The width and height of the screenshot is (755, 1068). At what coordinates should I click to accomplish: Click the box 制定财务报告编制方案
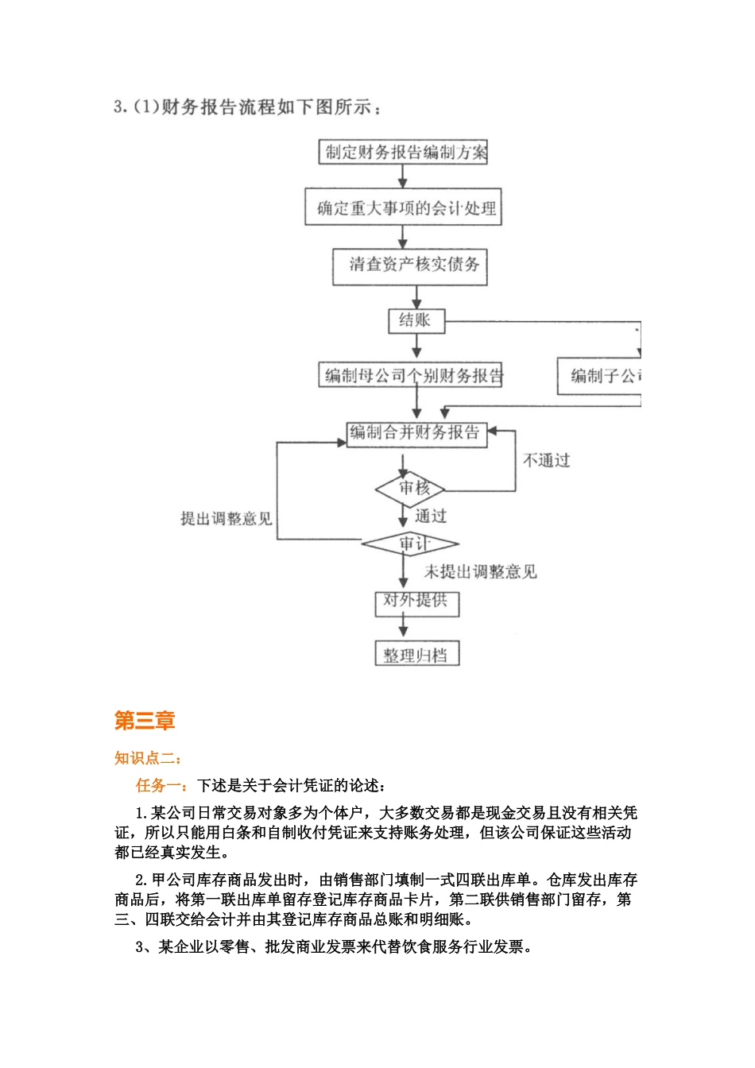[403, 152]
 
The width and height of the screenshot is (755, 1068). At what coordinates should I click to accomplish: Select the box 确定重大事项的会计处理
[403, 207]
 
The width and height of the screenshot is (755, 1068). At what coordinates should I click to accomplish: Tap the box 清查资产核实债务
[410, 265]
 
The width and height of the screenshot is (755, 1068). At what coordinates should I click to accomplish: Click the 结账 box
[416, 320]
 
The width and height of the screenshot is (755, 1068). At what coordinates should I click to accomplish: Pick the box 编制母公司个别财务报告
[412, 376]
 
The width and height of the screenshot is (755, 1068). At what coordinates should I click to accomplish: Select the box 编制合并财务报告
[416, 433]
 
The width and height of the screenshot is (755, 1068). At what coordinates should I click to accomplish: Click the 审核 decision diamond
[411, 489]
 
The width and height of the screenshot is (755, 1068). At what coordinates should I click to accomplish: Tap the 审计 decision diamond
[411, 544]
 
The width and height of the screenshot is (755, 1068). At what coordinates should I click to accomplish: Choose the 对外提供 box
[416, 602]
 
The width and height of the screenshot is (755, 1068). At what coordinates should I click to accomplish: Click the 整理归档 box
[416, 655]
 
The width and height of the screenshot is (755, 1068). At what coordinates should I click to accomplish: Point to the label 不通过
[546, 461]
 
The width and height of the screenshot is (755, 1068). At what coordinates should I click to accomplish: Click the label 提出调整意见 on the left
[226, 519]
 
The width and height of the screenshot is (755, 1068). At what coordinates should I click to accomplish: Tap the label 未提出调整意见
[480, 571]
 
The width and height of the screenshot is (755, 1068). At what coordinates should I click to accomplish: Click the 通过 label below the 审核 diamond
[432, 517]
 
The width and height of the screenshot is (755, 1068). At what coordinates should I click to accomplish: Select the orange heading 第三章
[144, 721]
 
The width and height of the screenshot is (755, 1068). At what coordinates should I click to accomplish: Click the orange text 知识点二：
[148, 758]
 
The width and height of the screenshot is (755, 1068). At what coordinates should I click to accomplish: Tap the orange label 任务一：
[162, 786]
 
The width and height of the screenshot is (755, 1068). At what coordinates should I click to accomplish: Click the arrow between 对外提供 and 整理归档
[404, 628]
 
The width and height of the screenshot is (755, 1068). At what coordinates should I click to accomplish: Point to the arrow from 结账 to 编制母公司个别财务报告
[416, 346]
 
